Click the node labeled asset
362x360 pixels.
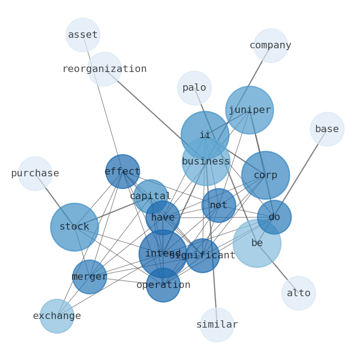83,35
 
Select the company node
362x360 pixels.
270,46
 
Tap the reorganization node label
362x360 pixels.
104,69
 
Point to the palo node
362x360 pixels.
194,88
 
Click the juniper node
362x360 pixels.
249,110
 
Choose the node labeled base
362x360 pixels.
327,129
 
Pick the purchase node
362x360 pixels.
35,174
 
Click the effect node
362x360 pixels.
122,172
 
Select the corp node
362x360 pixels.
265,175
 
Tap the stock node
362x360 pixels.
74,227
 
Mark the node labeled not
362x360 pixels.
219,206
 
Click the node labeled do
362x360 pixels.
274,217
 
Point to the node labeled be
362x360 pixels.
257,243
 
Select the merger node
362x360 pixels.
89,277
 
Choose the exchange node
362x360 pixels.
57,316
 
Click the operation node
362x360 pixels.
163,285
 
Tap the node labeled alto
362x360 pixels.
299,293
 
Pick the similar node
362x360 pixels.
217,325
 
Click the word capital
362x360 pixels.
150,196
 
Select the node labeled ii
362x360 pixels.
205,135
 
